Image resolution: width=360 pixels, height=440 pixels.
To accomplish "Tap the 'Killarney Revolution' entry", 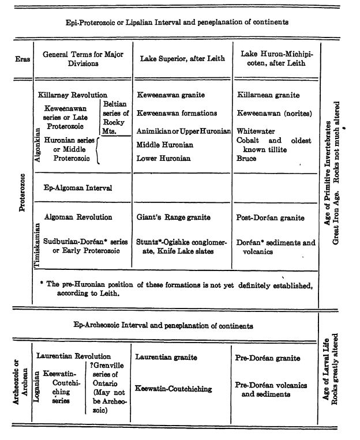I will [72, 95].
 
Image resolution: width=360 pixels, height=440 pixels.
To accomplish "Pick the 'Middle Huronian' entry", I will [164, 144].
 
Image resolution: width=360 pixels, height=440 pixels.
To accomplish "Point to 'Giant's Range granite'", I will [173, 217].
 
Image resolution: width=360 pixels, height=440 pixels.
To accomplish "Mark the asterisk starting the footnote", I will [42, 284].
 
